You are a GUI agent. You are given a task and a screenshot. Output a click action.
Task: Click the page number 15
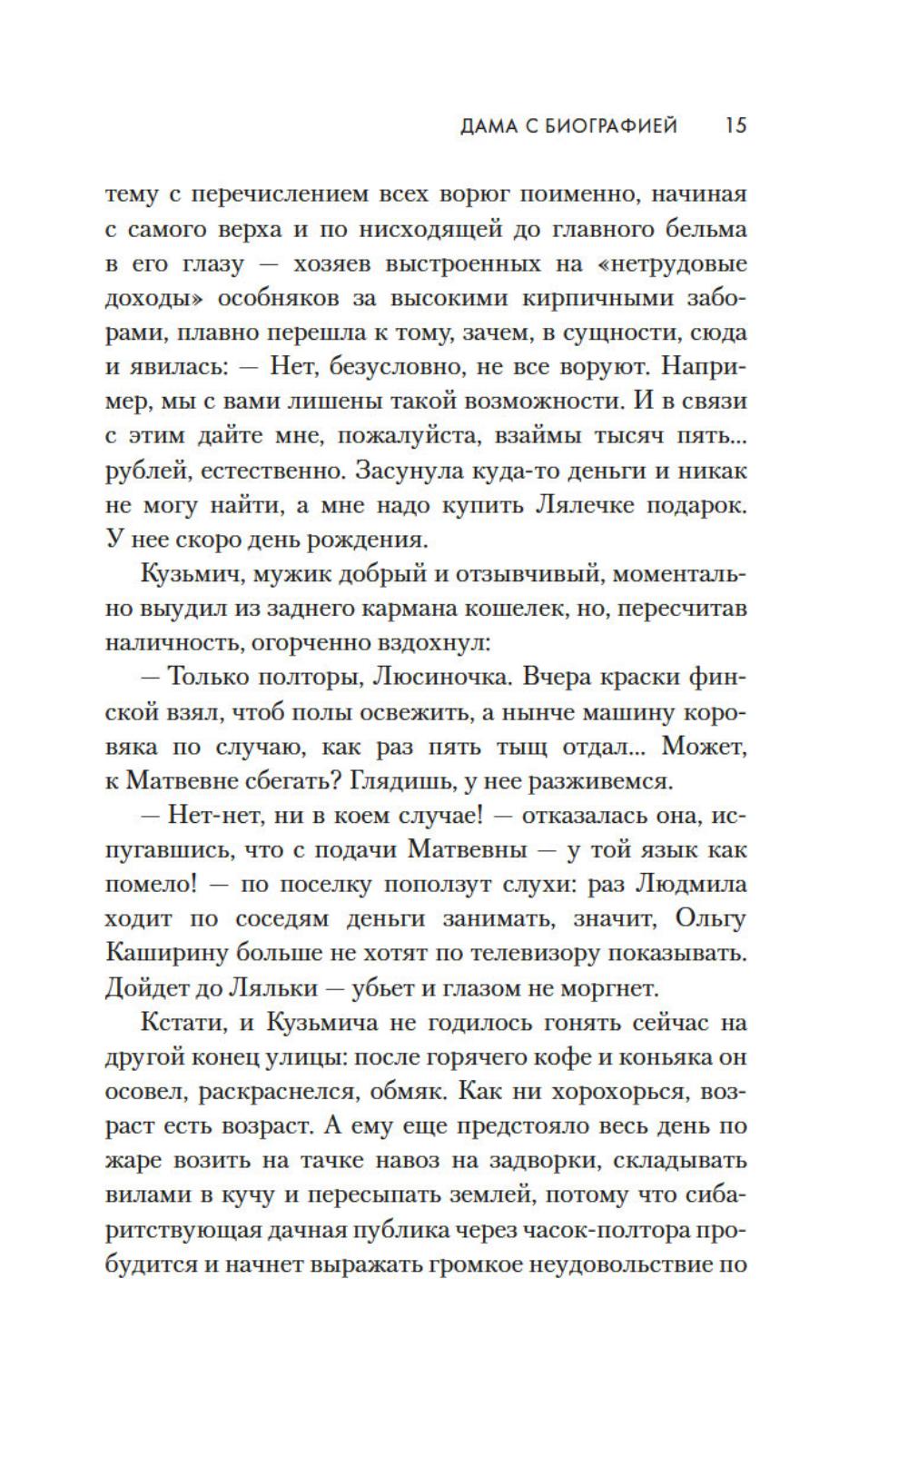click(735, 125)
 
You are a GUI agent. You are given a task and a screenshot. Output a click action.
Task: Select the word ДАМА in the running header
click(489, 125)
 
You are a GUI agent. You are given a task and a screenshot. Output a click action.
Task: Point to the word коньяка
click(650, 1056)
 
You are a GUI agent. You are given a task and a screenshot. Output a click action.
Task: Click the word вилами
click(143, 1194)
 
